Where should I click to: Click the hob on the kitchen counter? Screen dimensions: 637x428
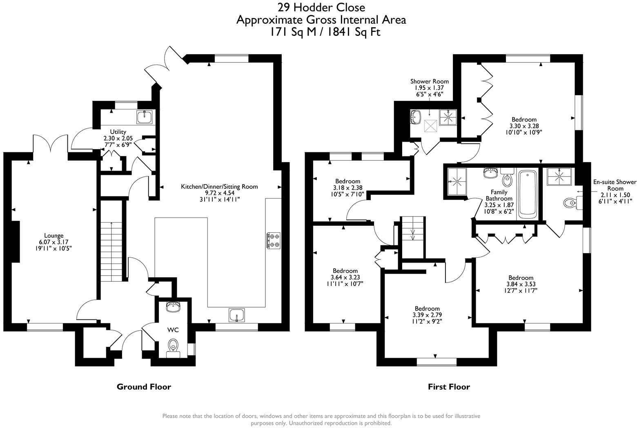tap(273, 240)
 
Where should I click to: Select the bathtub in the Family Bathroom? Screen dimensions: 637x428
tap(528, 192)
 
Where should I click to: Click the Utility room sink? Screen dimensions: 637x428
tap(145, 117)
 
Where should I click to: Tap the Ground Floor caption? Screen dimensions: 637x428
tap(144, 386)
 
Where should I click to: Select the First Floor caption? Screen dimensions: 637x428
tap(449, 386)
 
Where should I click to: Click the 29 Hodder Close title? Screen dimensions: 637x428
tap(321, 7)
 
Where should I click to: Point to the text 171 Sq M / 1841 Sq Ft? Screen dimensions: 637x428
tap(324, 32)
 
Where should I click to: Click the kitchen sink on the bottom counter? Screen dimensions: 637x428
tap(237, 315)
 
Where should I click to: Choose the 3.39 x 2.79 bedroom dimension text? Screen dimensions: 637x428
tap(427, 315)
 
